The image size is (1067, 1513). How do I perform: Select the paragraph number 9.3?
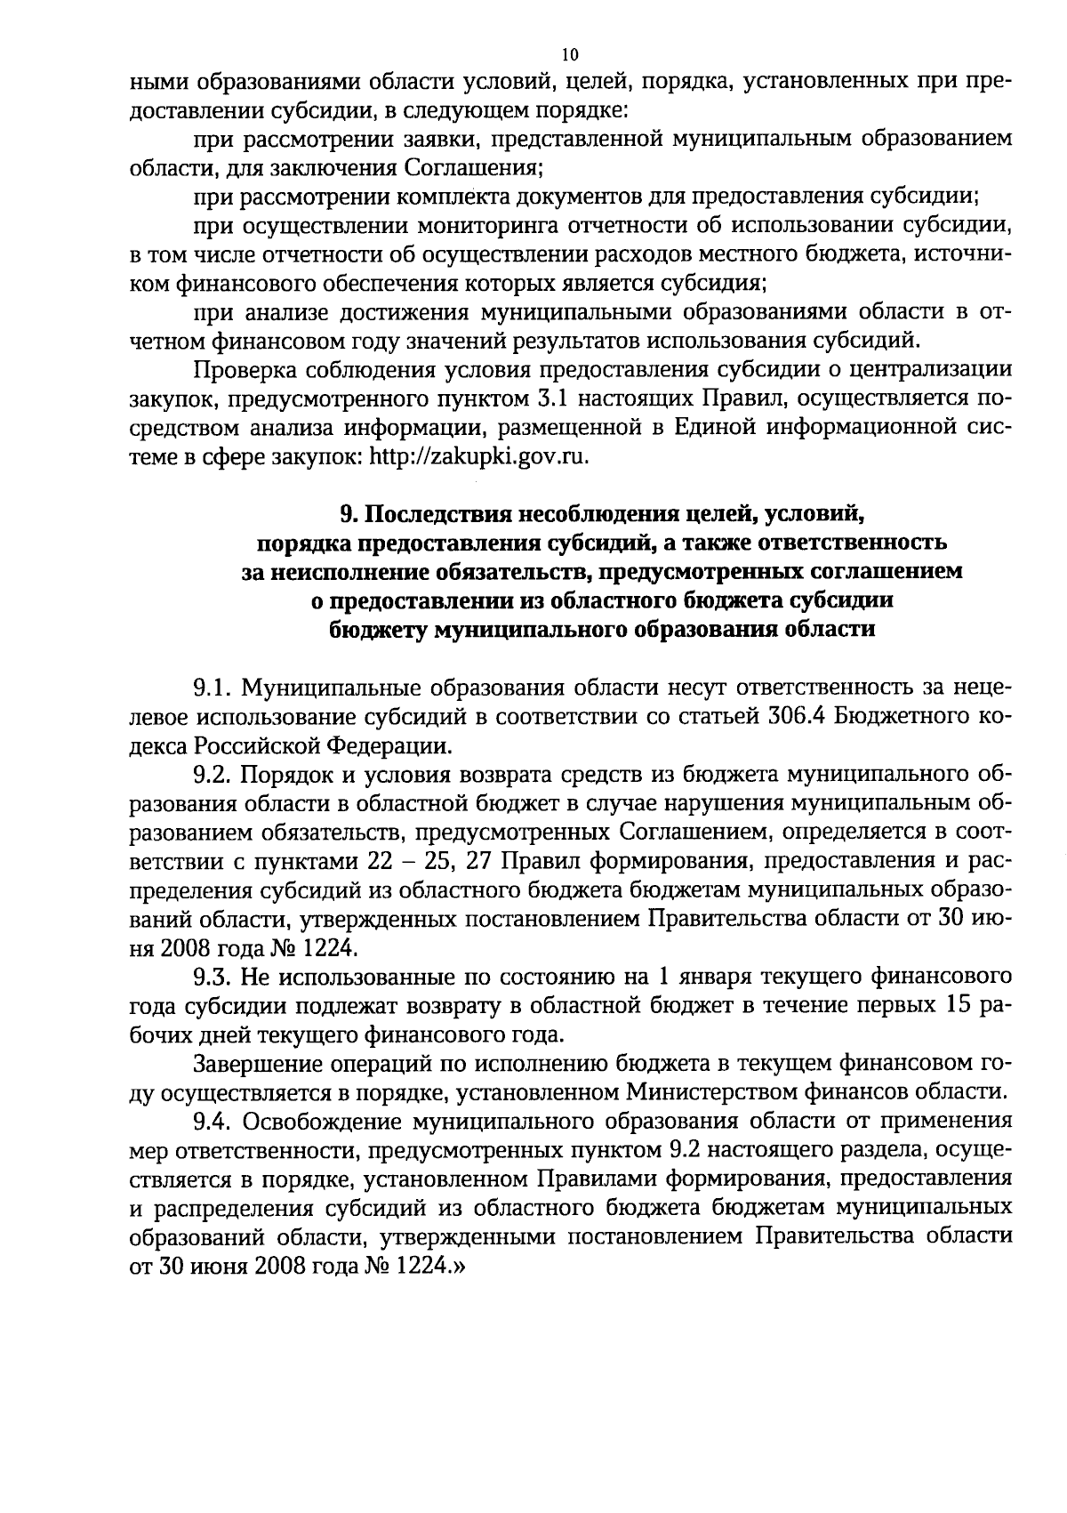(213, 977)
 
